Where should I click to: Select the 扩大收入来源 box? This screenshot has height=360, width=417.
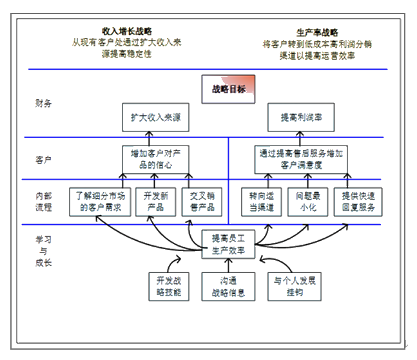[155, 118]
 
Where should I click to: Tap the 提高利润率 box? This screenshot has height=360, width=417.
[302, 118]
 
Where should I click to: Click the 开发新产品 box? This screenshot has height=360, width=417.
[155, 202]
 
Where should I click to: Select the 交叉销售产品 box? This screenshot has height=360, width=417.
[201, 202]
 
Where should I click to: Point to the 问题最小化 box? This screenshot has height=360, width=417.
[307, 202]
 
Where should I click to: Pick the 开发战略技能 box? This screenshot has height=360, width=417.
[169, 285]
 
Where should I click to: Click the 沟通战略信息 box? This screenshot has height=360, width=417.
[225, 285]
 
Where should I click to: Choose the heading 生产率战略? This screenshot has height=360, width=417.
[318, 32]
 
